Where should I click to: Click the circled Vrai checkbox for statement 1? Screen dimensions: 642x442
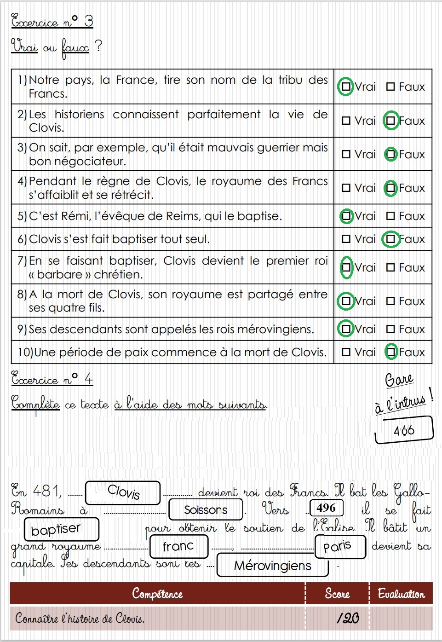[x=346, y=87]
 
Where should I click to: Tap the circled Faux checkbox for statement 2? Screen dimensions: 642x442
[x=391, y=121]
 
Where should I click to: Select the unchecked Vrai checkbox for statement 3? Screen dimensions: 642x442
[x=346, y=154]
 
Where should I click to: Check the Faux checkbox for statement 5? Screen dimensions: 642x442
[x=391, y=216]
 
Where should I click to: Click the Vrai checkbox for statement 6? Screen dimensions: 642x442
[x=346, y=239]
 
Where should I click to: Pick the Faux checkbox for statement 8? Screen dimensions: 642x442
[x=391, y=301]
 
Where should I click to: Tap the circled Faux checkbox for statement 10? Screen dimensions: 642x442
[x=391, y=352]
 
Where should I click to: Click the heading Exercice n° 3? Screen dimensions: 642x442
[x=52, y=21]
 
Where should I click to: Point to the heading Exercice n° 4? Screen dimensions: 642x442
[x=52, y=379]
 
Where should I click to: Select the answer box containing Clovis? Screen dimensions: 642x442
[x=123, y=492]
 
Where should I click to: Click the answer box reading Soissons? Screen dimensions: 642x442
[x=206, y=509]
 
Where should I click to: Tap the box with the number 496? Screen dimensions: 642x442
[x=326, y=508]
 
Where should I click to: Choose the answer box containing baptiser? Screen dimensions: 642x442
[x=61, y=529]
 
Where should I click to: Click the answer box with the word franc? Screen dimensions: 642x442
[x=178, y=546]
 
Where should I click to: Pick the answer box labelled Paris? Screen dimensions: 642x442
[x=340, y=546]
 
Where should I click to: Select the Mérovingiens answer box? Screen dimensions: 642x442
[x=272, y=565]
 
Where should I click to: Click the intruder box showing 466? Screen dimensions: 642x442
[x=404, y=430]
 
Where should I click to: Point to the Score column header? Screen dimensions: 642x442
[x=337, y=594]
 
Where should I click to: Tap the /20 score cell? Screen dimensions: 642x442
[x=347, y=618]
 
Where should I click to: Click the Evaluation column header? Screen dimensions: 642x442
[x=401, y=594]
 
